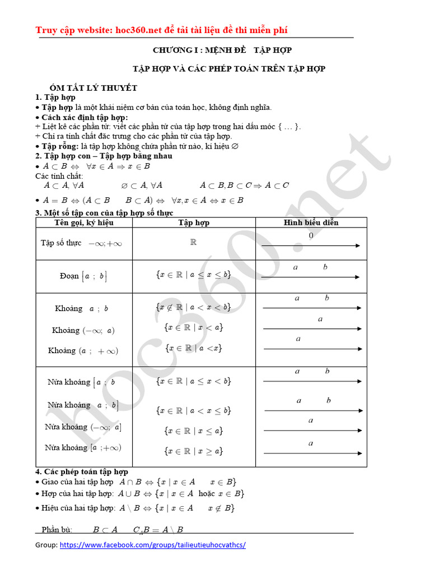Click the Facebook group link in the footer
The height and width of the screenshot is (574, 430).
pos(152,545)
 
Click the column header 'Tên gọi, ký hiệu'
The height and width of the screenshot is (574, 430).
pos(84,223)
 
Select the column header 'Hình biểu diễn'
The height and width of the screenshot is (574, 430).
pos(311,223)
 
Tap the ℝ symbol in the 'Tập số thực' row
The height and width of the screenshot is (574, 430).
pos(194,243)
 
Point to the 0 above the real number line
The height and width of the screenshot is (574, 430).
pos(311,236)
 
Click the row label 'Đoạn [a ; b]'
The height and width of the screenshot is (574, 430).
pos(83,276)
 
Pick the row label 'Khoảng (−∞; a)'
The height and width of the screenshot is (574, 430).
pos(83,330)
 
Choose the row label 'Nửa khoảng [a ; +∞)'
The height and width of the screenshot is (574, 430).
pos(83,447)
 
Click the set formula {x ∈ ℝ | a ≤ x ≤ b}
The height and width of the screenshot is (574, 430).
pos(193,275)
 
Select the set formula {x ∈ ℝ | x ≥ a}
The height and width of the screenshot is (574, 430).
pos(194,450)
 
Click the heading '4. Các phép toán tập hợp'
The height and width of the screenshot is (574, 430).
pos(82,472)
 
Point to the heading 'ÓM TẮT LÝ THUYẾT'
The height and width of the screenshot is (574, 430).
pos(93,88)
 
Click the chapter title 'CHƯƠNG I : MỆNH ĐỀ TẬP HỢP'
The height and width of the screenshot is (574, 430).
pos(222,50)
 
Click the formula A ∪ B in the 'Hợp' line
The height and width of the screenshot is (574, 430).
pos(130,494)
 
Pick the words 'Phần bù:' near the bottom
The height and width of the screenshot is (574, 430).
pos(57,530)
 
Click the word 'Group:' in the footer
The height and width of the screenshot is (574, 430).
pos(46,545)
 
